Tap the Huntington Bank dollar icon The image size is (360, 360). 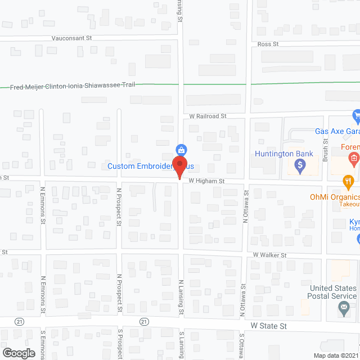coord(300,165)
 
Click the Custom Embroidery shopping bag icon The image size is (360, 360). coord(181,150)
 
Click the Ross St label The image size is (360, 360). coord(268,44)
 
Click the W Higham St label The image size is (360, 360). coord(206,181)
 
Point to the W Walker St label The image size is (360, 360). coord(270,255)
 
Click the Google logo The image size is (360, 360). coord(18,353)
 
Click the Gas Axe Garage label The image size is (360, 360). coord(337,131)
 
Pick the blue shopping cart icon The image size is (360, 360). coord(356,116)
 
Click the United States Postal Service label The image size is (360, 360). coord(334,292)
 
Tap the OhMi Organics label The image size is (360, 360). coord(334,197)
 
